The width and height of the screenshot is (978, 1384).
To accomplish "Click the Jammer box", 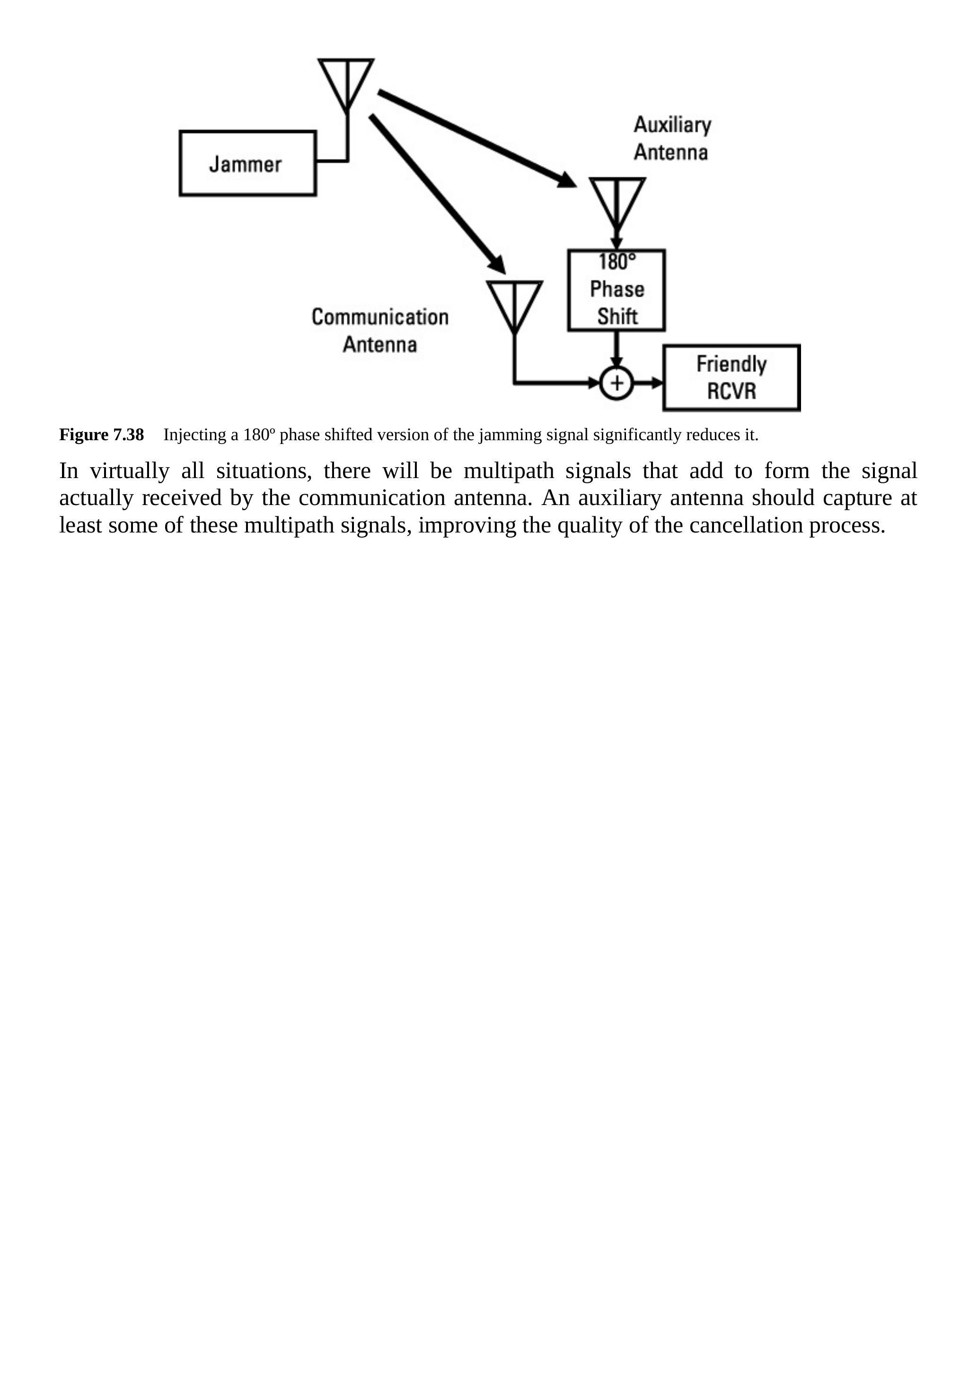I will [x=247, y=163].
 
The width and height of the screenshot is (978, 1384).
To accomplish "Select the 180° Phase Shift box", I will [x=617, y=290].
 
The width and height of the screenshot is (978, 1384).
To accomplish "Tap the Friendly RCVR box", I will [x=731, y=378].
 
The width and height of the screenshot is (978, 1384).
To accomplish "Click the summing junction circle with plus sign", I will [x=617, y=383].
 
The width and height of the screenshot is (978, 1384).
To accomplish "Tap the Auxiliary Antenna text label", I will [x=672, y=139].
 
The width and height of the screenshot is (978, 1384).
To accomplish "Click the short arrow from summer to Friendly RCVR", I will [x=648, y=383].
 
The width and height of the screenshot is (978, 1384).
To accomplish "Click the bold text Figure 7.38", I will [x=101, y=435].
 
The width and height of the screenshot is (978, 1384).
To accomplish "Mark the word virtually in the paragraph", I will [x=130, y=471].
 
